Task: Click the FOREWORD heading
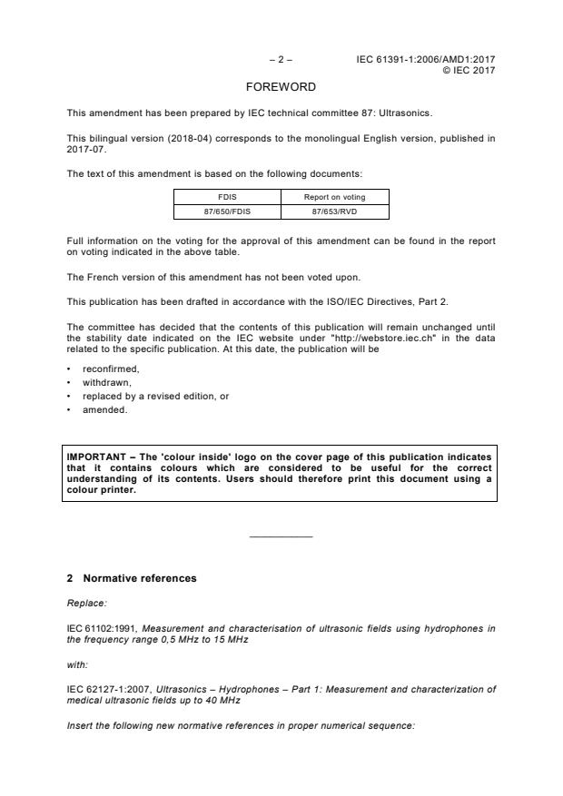tap(281, 87)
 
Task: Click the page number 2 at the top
tap(281, 60)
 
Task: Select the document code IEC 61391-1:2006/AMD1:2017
tap(426, 60)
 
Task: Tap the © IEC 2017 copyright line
tap(468, 70)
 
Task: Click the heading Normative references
tap(140, 578)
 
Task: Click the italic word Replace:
tap(84, 601)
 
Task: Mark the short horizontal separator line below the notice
tap(281, 537)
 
